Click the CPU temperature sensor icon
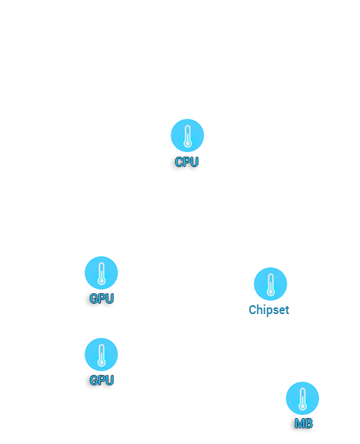187,135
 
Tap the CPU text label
187,162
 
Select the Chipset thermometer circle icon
271,284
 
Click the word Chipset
269,310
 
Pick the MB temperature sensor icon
302,398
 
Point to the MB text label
304,424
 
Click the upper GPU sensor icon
102,272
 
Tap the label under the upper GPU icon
102,298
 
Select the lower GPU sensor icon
102,354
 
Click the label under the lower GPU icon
102,380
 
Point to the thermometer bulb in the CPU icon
187,144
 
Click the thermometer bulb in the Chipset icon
271,293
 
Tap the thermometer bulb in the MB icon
302,407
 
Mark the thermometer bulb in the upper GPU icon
102,281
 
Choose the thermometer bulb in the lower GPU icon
102,363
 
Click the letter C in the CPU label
179,162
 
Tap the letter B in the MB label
309,424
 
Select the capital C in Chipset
252,310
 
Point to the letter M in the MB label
299,424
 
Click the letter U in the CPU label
194,162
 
